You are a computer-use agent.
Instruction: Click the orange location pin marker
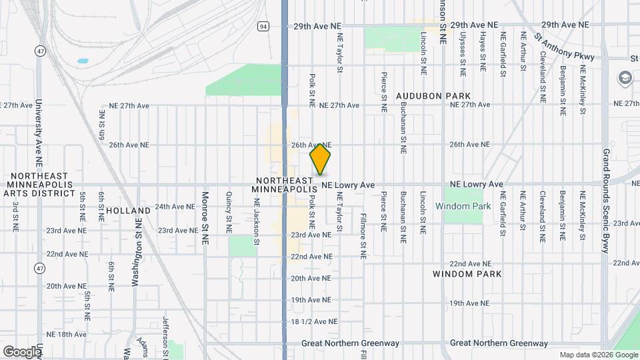tap(321, 159)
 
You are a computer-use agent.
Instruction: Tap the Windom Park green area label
tap(463, 206)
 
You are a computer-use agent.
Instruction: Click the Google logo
tap(21, 351)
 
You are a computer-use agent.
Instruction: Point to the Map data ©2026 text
tap(597, 355)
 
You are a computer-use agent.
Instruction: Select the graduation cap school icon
tap(625, 78)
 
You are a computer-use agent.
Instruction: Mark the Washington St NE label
tap(135, 242)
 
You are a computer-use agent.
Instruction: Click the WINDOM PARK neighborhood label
tap(462, 274)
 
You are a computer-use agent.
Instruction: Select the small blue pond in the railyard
tap(83, 61)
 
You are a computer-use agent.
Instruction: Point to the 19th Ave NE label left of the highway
tap(311, 300)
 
